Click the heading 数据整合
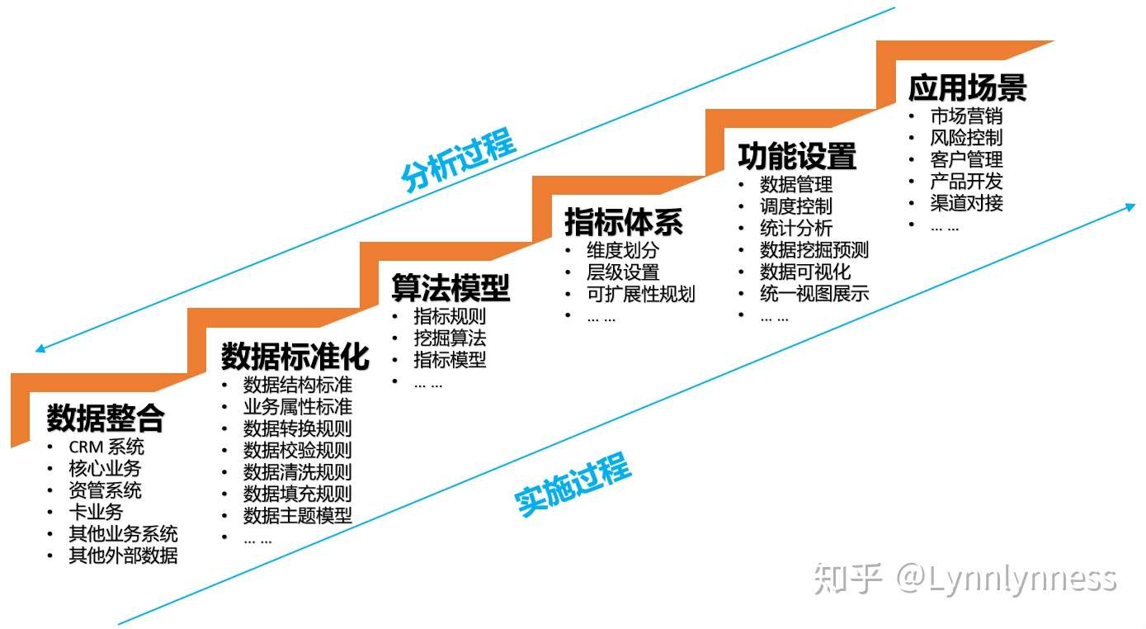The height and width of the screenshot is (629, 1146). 106,419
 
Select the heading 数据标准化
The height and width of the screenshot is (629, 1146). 295,356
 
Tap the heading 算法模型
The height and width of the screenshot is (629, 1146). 450,288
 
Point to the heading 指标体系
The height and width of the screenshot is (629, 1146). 624,222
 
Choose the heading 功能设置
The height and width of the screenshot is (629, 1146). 797,156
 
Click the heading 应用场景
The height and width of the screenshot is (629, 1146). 967,87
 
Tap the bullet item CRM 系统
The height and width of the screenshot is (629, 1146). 106,447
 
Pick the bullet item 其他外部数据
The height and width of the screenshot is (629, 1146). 123,555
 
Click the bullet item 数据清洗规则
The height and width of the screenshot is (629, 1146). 297,472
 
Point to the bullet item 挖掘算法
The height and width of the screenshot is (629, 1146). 450,338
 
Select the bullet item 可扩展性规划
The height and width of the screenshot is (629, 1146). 640,294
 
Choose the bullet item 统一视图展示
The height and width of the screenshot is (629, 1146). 814,293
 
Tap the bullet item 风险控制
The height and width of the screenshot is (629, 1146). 966,138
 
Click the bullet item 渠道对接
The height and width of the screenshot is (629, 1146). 966,202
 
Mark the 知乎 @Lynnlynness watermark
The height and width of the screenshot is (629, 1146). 964,579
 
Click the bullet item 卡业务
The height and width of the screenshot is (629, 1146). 96,512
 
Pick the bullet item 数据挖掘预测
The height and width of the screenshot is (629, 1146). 814,250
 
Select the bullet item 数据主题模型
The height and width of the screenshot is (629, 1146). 297,515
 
